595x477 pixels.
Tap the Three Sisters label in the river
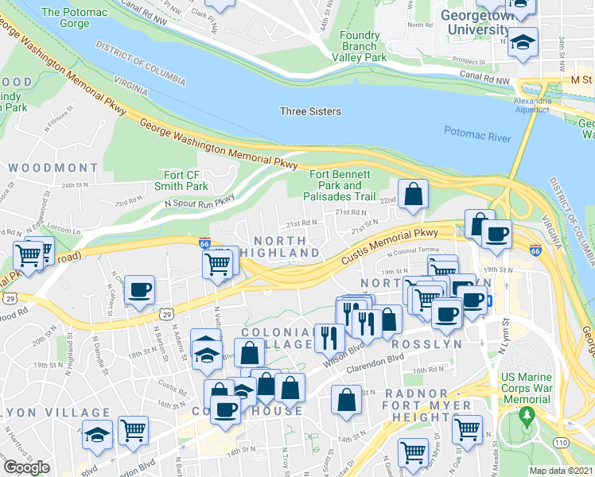pyautogui.click(x=310, y=111)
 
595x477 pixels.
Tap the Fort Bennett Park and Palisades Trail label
pyautogui.click(x=340, y=184)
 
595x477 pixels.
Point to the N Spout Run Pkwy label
pyautogui.click(x=199, y=204)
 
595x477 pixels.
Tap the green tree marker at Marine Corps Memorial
pyautogui.click(x=525, y=415)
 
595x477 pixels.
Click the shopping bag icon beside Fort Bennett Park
pyautogui.click(x=414, y=194)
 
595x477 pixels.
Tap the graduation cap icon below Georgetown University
pyautogui.click(x=523, y=41)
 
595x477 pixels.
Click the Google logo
pyautogui.click(x=25, y=467)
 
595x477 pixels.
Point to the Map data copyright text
pyautogui.click(x=562, y=471)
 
